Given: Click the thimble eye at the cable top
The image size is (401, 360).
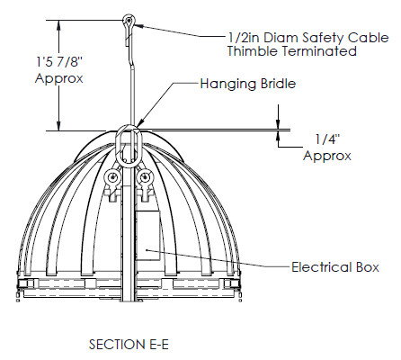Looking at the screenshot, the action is (x=129, y=21).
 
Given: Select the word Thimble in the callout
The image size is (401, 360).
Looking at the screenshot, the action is (x=253, y=50).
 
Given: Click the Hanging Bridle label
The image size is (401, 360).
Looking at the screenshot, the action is (x=248, y=84).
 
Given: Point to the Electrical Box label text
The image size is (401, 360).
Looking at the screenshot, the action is (x=335, y=267).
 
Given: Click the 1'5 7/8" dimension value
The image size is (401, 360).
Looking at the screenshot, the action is (x=59, y=62).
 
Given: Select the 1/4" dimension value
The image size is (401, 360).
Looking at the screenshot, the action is (x=327, y=139).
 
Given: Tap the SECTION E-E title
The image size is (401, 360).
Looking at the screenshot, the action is (x=129, y=344).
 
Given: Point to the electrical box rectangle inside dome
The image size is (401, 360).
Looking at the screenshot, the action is (x=148, y=235).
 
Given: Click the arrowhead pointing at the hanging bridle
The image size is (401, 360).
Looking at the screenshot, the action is (x=140, y=121).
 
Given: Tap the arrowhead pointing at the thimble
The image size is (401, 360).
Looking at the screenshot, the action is (x=138, y=26).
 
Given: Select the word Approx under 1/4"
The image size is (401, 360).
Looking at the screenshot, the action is (x=327, y=156).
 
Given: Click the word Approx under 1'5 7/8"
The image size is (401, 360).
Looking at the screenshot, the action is (x=59, y=78).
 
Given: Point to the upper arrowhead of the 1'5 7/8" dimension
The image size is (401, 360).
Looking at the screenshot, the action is (x=59, y=25).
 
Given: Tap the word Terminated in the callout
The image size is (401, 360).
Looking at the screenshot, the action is (x=319, y=50).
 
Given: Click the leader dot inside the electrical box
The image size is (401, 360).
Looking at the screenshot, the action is (x=147, y=249).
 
